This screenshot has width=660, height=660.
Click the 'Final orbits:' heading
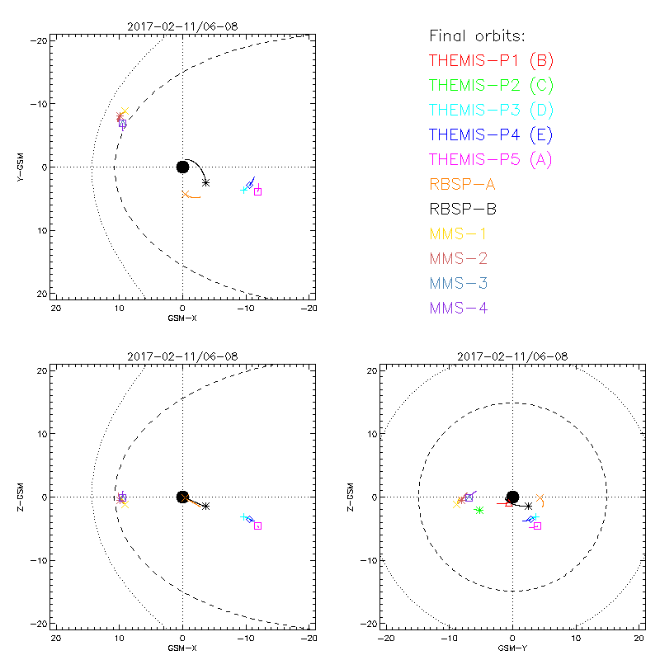477,35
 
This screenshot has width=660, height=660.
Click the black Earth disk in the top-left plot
182,167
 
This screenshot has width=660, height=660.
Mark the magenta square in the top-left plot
257,191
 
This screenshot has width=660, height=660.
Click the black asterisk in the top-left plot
205,182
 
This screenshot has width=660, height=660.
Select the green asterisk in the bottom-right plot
479,511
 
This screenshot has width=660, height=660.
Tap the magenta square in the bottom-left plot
257,526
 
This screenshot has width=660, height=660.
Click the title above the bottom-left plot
182,356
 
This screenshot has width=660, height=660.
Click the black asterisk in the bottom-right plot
529,506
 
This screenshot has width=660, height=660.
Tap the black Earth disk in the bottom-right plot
512,497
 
